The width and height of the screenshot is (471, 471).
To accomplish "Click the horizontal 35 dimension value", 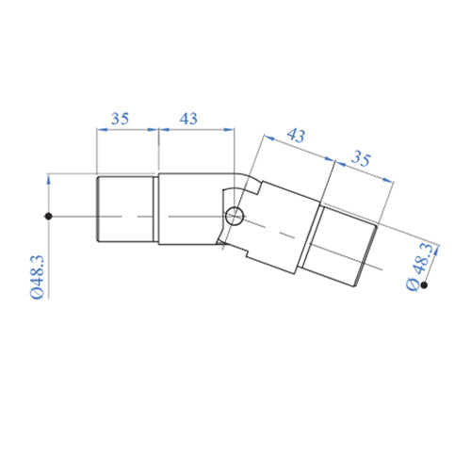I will click(120, 119).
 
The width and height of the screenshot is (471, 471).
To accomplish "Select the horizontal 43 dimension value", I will click(188, 119).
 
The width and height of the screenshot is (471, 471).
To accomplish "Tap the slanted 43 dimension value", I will click(295, 137).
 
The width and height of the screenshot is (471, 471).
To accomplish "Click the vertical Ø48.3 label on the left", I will click(37, 274).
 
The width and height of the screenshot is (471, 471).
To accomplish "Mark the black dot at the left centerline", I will click(47, 218).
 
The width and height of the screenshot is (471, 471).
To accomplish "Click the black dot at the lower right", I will click(426, 284).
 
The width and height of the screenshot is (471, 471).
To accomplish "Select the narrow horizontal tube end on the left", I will click(126, 211).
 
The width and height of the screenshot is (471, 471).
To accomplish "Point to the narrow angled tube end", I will click(344, 243).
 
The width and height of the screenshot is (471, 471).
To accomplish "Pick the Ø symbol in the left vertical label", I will click(37, 294).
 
